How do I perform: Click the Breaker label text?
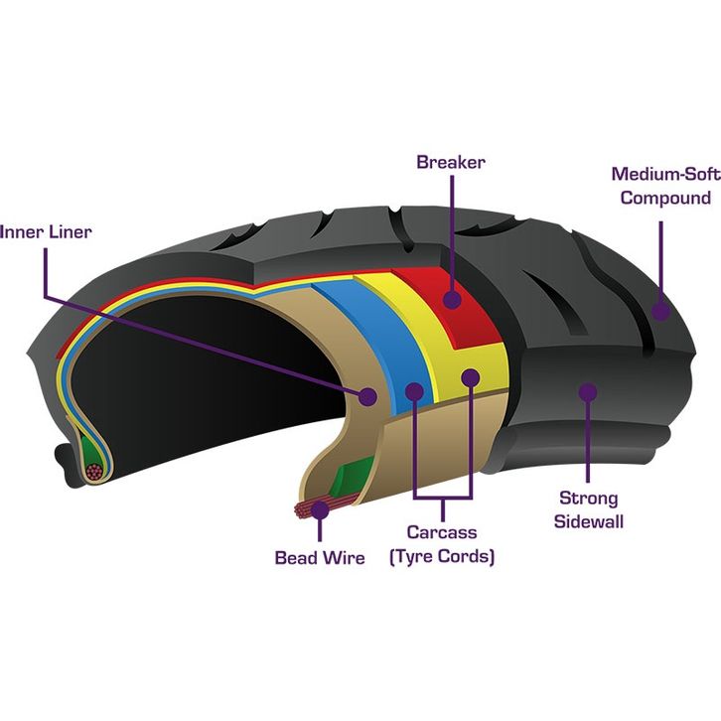(451, 162)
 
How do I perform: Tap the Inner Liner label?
(46, 231)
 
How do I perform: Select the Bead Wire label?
(320, 558)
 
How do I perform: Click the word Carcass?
(442, 532)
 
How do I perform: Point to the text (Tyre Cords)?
(442, 556)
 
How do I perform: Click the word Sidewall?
(589, 521)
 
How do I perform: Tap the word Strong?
(589, 498)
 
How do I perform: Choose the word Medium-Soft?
(665, 174)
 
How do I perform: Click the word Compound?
(665, 198)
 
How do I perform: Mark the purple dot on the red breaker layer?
(453, 299)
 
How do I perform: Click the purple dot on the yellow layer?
(471, 378)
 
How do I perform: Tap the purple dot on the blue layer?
(414, 391)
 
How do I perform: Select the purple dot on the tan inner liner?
(367, 396)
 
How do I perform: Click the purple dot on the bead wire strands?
(320, 509)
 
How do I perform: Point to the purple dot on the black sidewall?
(588, 392)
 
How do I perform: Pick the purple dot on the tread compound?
(660, 311)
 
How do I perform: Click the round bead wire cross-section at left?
(94, 472)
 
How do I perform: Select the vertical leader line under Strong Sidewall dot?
(588, 441)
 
